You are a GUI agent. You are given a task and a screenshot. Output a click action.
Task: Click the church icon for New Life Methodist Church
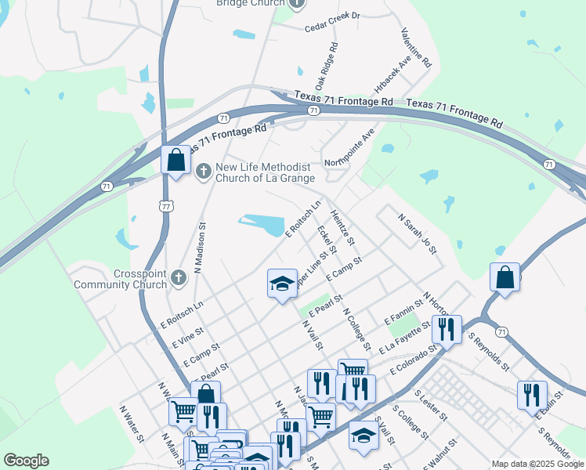tap(204, 171)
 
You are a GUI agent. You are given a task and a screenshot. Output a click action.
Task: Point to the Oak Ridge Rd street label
tap(327, 66)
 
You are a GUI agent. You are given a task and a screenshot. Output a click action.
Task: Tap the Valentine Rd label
tap(417, 48)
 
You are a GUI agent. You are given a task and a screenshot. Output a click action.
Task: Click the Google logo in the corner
tap(25, 461)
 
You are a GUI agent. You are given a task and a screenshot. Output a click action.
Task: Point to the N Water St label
tap(132, 422)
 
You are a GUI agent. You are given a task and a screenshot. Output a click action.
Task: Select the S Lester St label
tap(430, 405)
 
